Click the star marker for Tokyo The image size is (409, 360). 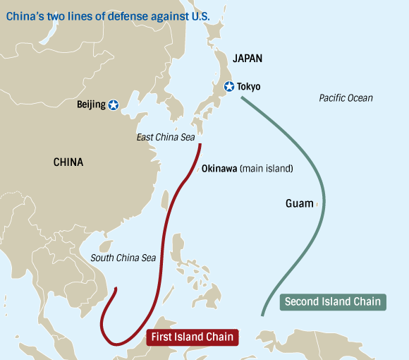(228, 87)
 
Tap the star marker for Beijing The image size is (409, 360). (114, 105)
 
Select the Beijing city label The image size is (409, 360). (91, 105)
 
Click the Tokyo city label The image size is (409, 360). (248, 87)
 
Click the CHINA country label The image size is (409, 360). (68, 162)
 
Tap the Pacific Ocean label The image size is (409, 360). (346, 98)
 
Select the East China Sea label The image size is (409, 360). (165, 137)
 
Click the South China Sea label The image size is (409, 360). (123, 258)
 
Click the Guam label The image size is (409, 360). (299, 203)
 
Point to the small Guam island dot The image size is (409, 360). (317, 204)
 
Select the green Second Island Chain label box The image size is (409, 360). (332, 301)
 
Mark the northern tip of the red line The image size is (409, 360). (200, 145)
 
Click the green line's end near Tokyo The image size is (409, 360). (241, 97)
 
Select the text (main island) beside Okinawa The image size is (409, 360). (266, 169)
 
